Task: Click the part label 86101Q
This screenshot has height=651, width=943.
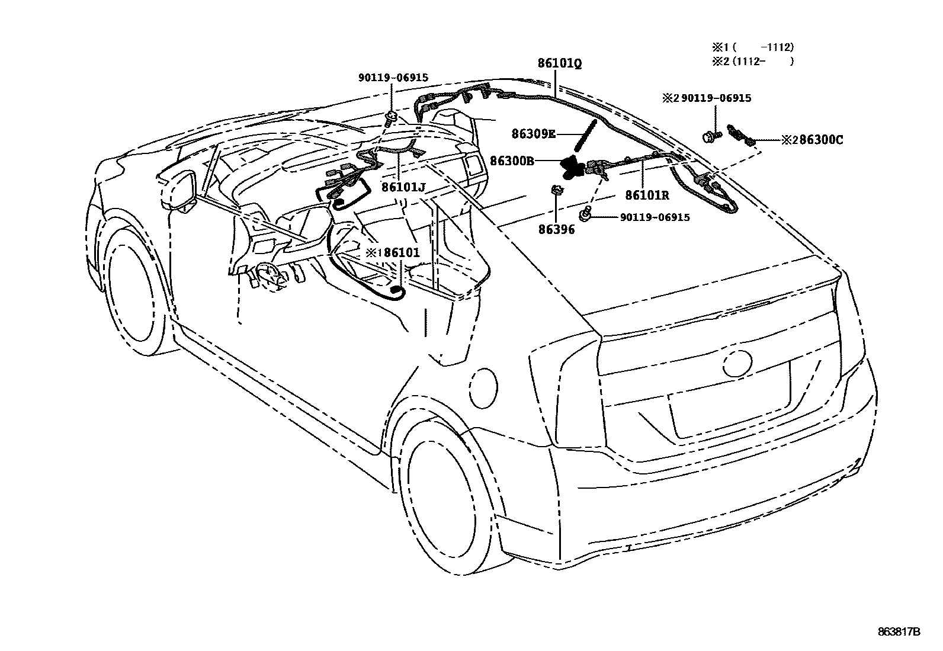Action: (x=559, y=63)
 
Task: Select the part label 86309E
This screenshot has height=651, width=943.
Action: (x=534, y=134)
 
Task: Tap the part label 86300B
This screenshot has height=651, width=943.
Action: (x=512, y=160)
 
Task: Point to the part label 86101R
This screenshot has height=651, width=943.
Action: (x=647, y=195)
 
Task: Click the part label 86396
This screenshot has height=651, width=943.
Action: (x=556, y=229)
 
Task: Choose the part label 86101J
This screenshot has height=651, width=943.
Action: (x=403, y=188)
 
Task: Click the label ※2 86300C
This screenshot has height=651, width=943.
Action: (x=812, y=140)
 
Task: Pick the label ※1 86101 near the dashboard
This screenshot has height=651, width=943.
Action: (x=392, y=252)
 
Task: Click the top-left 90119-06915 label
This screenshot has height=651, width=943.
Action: (x=393, y=78)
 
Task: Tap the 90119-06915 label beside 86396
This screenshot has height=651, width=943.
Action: (x=655, y=217)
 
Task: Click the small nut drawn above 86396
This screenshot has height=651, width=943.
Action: (x=556, y=191)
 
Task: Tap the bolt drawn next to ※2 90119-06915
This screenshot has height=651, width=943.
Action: (x=711, y=136)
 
